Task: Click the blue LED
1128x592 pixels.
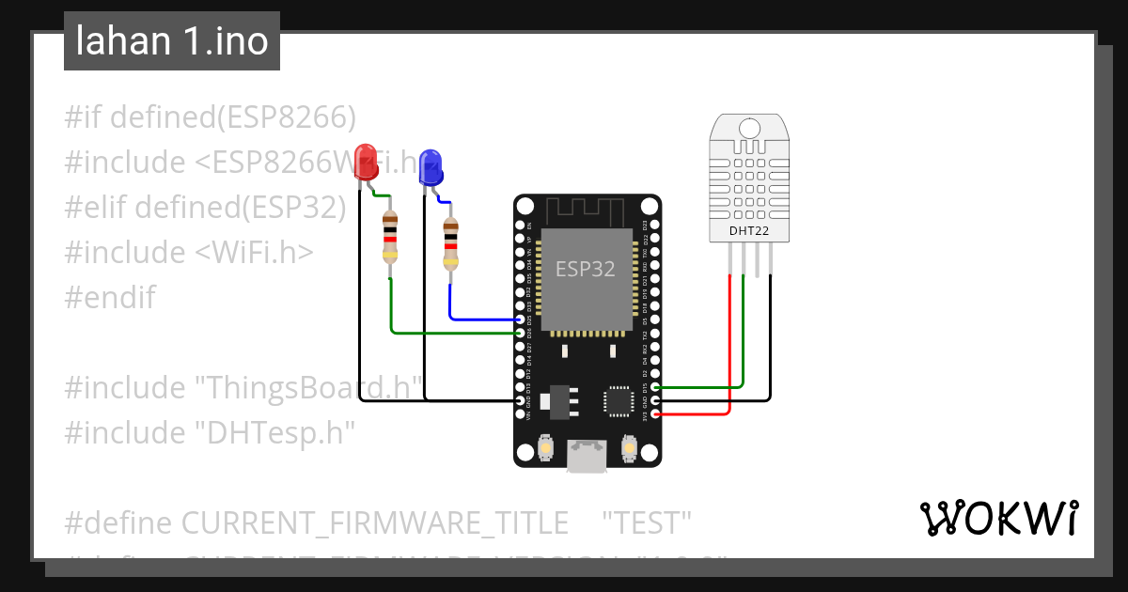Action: [431, 167]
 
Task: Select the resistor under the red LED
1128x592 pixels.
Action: [390, 237]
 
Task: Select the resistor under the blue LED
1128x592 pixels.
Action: [450, 242]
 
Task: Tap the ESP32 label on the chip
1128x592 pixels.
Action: [585, 270]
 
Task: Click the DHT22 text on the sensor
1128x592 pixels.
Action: [748, 230]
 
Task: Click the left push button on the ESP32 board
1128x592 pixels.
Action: [545, 452]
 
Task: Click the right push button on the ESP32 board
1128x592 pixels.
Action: [629, 452]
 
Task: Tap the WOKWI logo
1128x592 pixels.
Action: [999, 518]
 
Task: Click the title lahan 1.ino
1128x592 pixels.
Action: [172, 41]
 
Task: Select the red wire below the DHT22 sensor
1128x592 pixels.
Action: [730, 338]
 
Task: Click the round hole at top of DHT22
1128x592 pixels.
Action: [749, 128]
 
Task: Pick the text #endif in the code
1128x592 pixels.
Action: [110, 298]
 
